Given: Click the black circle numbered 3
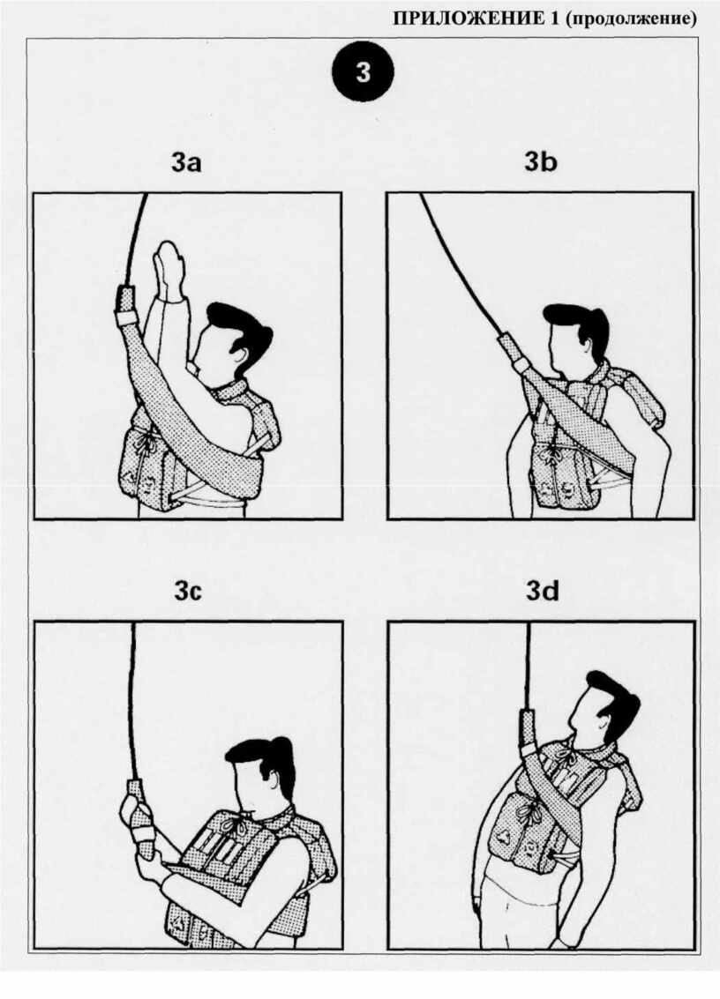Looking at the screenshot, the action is pos(363,72).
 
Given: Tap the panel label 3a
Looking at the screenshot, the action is pos(186,162).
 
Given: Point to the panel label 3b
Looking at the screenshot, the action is pos(541,162).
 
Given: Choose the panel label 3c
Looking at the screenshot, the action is pos(187,592).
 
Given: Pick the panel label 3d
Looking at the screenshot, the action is pos(542,592).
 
